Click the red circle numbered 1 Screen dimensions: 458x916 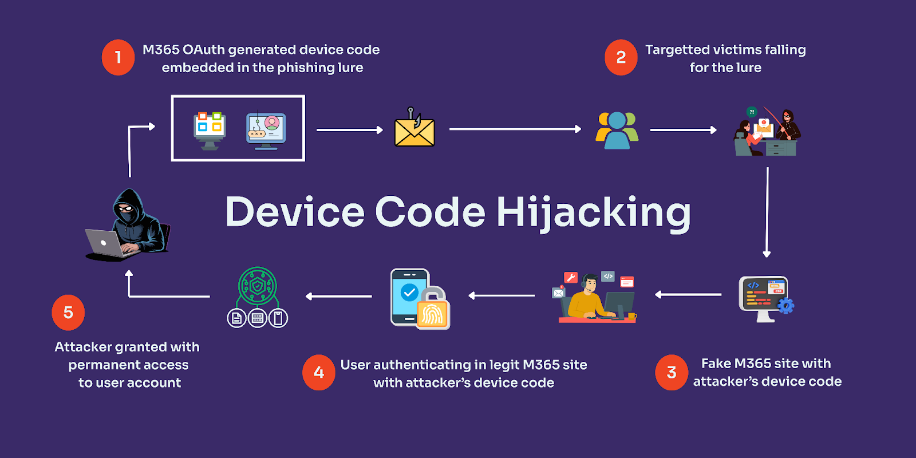point(118,57)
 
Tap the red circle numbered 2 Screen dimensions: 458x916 point(621,57)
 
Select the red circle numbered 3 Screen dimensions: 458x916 point(672,373)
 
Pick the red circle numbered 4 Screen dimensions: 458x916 point(319,373)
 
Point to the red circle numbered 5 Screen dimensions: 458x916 point(68,313)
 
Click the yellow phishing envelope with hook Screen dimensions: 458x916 point(414,128)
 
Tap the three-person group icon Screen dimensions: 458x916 point(617,131)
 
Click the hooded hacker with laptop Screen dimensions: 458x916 point(129,226)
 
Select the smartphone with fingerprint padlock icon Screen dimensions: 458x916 point(420,299)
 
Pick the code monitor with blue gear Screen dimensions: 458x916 point(765,298)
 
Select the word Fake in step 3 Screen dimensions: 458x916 point(716,364)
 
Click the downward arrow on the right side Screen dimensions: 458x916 point(767,212)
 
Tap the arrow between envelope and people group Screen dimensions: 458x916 point(515,129)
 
